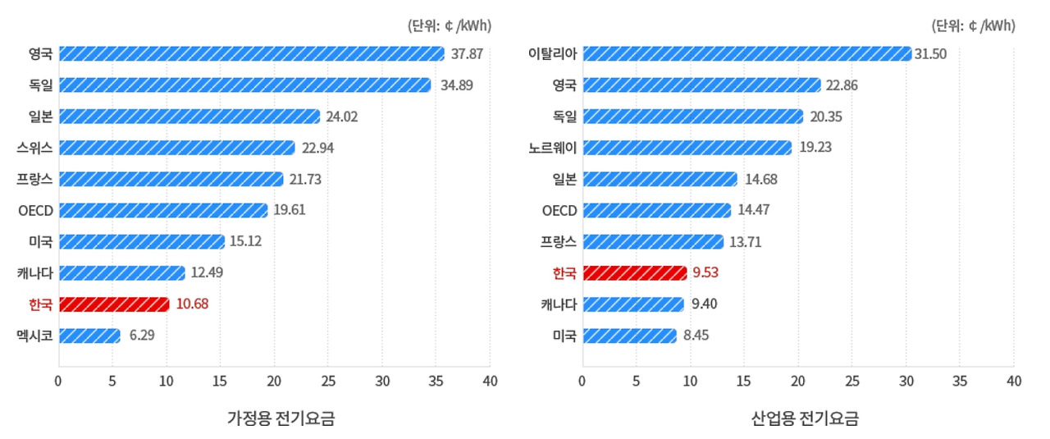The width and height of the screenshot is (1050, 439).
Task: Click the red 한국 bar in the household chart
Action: point(114,304)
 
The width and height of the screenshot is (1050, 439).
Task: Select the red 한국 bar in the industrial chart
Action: point(634,273)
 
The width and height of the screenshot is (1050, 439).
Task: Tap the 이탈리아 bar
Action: point(746,54)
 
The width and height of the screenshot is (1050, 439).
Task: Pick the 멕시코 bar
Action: point(89,336)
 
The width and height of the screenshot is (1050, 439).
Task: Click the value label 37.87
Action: point(467,54)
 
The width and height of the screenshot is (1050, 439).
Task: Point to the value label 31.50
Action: point(930,54)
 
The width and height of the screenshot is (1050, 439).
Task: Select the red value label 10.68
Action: point(192,304)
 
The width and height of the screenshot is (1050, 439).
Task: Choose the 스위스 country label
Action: point(34,148)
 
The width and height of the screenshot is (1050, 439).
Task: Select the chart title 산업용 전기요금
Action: point(805,418)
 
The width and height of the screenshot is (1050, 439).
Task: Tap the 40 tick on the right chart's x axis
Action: point(1014,381)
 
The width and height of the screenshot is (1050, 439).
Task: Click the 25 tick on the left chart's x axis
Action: point(328,381)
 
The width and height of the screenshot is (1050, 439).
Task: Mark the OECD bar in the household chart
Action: point(163,210)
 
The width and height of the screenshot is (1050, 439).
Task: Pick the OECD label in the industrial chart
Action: point(559,210)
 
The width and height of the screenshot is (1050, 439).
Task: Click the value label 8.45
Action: point(699,336)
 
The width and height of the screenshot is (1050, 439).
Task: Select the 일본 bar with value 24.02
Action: point(189,117)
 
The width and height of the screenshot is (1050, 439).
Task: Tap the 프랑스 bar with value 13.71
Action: point(653,242)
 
